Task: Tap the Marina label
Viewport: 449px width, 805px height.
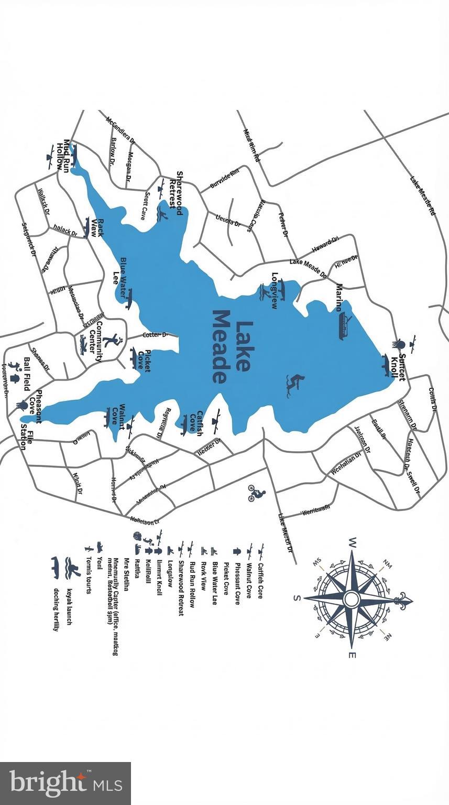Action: click(340, 298)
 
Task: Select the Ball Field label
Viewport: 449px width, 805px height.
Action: click(26, 374)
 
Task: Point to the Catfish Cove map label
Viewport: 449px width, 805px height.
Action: click(196, 423)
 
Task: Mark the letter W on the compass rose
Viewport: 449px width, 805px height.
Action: click(352, 541)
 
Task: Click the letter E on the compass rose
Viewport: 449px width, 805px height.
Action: click(353, 655)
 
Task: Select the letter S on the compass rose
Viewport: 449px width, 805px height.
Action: click(297, 598)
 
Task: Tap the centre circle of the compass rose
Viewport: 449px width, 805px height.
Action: click(352, 598)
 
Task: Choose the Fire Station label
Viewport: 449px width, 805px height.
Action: click(27, 440)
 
